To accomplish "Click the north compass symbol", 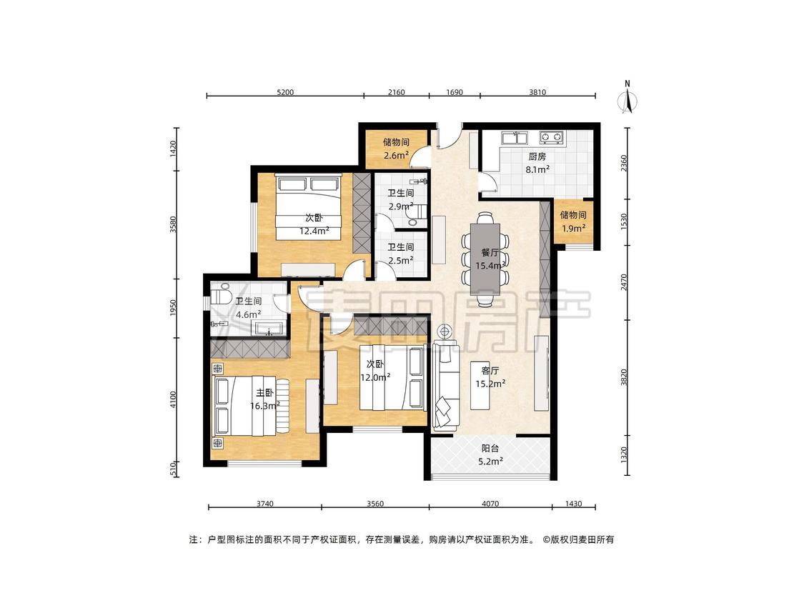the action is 627,97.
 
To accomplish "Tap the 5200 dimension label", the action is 285,92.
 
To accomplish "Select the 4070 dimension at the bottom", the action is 490,504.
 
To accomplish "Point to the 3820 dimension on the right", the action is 623,377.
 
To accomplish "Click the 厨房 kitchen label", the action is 537,157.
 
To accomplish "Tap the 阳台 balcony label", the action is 490,448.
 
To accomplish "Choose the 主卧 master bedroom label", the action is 264,393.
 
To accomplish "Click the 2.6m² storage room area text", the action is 396,155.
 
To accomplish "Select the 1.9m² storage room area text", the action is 572,228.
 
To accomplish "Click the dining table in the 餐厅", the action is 485,259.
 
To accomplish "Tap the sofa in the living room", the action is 446,386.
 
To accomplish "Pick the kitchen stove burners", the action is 551,137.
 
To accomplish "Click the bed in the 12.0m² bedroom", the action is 392,379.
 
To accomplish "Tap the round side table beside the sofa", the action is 445,332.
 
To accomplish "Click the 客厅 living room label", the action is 490,371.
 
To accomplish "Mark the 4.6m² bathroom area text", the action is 248,315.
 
